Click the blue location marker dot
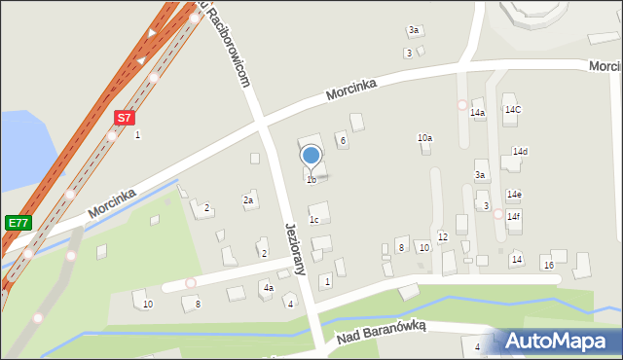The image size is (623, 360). pyautogui.click(x=311, y=155)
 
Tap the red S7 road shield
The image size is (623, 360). pyautogui.click(x=124, y=118)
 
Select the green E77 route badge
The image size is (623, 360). pyautogui.click(x=18, y=223)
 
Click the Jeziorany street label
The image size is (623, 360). pyautogui.click(x=296, y=248)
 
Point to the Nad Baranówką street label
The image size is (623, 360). pyautogui.click(x=382, y=333)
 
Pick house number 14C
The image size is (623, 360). pyautogui.click(x=512, y=110)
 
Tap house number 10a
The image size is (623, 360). pyautogui.click(x=424, y=138)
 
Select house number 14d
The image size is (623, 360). pyautogui.click(x=519, y=152)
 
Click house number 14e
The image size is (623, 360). pyautogui.click(x=514, y=195)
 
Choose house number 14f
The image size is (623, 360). pyautogui.click(x=513, y=216)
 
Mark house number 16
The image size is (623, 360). pyautogui.click(x=548, y=266)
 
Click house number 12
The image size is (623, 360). pyautogui.click(x=442, y=237)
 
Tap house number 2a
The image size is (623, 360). pyautogui.click(x=248, y=200)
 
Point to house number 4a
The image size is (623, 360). pyautogui.click(x=267, y=288)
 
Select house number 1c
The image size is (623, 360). pyautogui.click(x=313, y=220)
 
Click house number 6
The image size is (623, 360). pyautogui.click(x=343, y=141)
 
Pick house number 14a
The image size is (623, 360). pyautogui.click(x=477, y=114)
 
